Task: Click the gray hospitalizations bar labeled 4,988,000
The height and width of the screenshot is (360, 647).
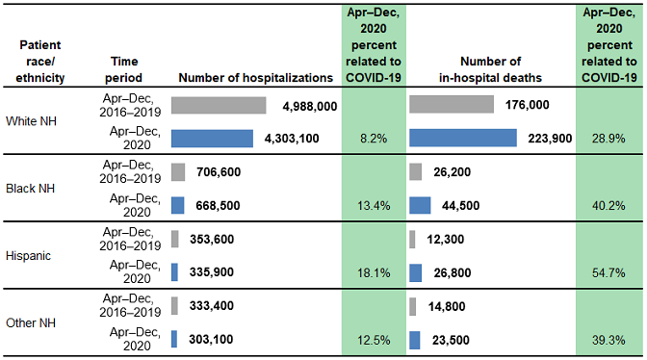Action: tap(219, 105)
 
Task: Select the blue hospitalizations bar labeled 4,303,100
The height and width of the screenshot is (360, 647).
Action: tap(212, 138)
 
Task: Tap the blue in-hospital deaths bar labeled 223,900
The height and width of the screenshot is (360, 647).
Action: tap(463, 138)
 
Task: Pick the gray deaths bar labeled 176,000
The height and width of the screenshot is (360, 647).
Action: tap(452, 105)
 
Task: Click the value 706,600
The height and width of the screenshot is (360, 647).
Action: tap(218, 172)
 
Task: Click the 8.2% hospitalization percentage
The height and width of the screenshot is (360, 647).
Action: tap(373, 139)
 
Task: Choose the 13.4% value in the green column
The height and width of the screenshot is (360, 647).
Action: tap(373, 205)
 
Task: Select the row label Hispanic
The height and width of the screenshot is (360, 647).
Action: tap(30, 256)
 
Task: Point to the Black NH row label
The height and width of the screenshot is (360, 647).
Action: tap(31, 189)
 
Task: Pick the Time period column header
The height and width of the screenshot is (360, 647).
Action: tap(120, 68)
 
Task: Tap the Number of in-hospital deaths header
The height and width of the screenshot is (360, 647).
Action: tap(490, 68)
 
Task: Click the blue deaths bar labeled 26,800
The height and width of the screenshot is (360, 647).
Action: tap(414, 272)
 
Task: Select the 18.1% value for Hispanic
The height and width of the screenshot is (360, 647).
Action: tap(373, 273)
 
